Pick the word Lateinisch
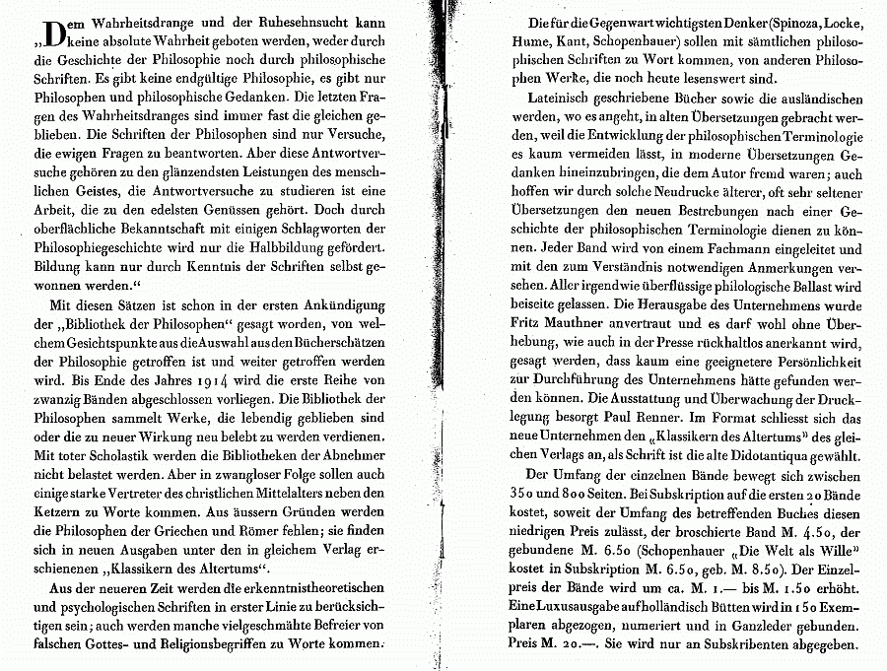tap(559, 101)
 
